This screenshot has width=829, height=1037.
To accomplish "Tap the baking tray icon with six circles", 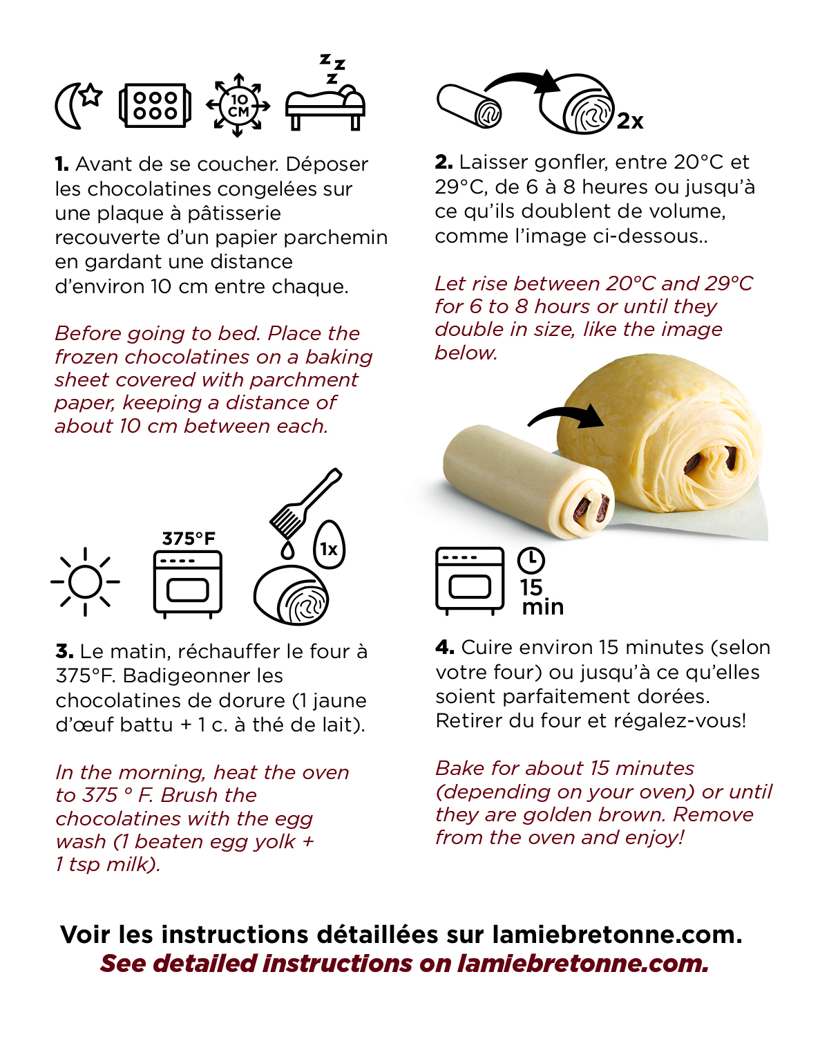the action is [x=155, y=106].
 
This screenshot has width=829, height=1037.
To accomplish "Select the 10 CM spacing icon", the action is [x=238, y=105].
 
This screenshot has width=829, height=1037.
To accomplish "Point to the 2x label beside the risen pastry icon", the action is [x=629, y=121].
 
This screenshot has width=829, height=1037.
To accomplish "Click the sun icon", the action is [x=85, y=581].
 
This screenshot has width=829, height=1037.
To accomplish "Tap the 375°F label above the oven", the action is [x=189, y=539].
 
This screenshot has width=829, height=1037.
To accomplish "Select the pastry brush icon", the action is [x=305, y=503].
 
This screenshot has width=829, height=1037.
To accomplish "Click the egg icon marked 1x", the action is [x=329, y=545].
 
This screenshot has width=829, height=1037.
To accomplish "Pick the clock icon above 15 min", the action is [x=531, y=561].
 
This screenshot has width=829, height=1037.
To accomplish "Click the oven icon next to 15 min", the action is [x=470, y=581].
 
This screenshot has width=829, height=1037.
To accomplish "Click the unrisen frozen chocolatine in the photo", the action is [x=528, y=481].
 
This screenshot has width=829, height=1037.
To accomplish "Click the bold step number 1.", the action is [x=61, y=165].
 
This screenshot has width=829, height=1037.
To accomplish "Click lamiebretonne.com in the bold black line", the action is [x=617, y=935].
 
